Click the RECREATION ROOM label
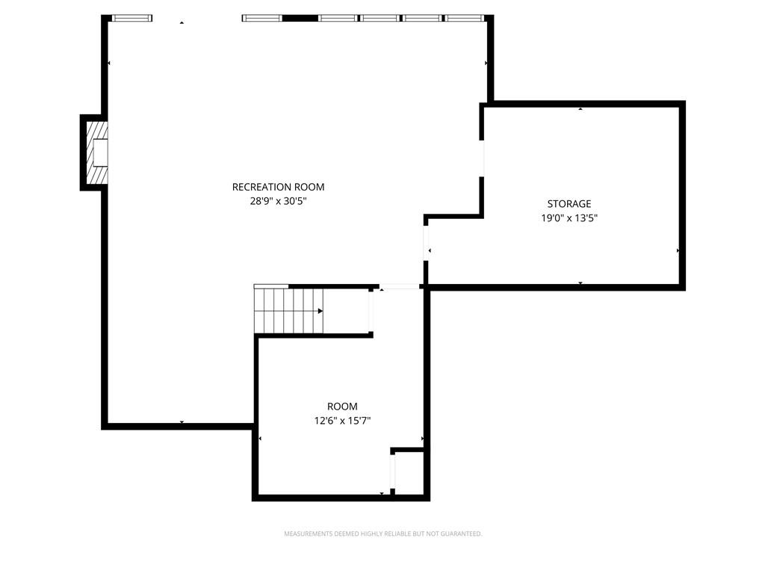point(278,187)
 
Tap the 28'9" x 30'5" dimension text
point(278,200)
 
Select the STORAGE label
point(569,203)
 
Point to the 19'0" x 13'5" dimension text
point(569,218)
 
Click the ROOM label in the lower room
point(342,407)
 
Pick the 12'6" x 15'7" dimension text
point(342,421)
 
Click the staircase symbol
point(289,310)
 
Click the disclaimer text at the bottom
point(382,534)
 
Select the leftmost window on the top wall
point(132,17)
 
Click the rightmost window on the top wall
point(465,17)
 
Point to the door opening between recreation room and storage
point(482,158)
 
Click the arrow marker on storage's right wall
point(678,250)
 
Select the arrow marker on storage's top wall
point(580,109)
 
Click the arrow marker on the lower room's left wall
point(260,439)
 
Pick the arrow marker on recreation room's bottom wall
point(182,423)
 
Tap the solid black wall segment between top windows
point(300,17)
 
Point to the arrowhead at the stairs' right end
point(321,310)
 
